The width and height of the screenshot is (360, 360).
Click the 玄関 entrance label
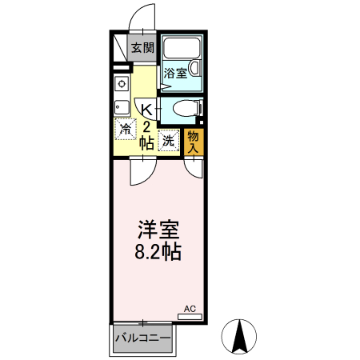[142, 48]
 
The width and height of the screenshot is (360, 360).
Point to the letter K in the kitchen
[146, 110]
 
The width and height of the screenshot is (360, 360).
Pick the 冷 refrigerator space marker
[126, 127]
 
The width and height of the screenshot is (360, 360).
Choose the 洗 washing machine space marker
[169, 141]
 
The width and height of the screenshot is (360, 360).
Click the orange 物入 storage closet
[193, 141]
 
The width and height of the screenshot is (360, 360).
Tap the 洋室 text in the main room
[156, 230]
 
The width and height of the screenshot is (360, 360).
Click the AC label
[190, 308]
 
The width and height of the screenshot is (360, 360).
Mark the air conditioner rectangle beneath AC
[190, 317]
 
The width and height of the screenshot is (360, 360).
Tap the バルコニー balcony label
[142, 338]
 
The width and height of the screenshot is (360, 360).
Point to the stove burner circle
[122, 83]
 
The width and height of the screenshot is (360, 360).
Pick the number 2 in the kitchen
[146, 127]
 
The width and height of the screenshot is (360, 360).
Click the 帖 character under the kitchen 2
[146, 144]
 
